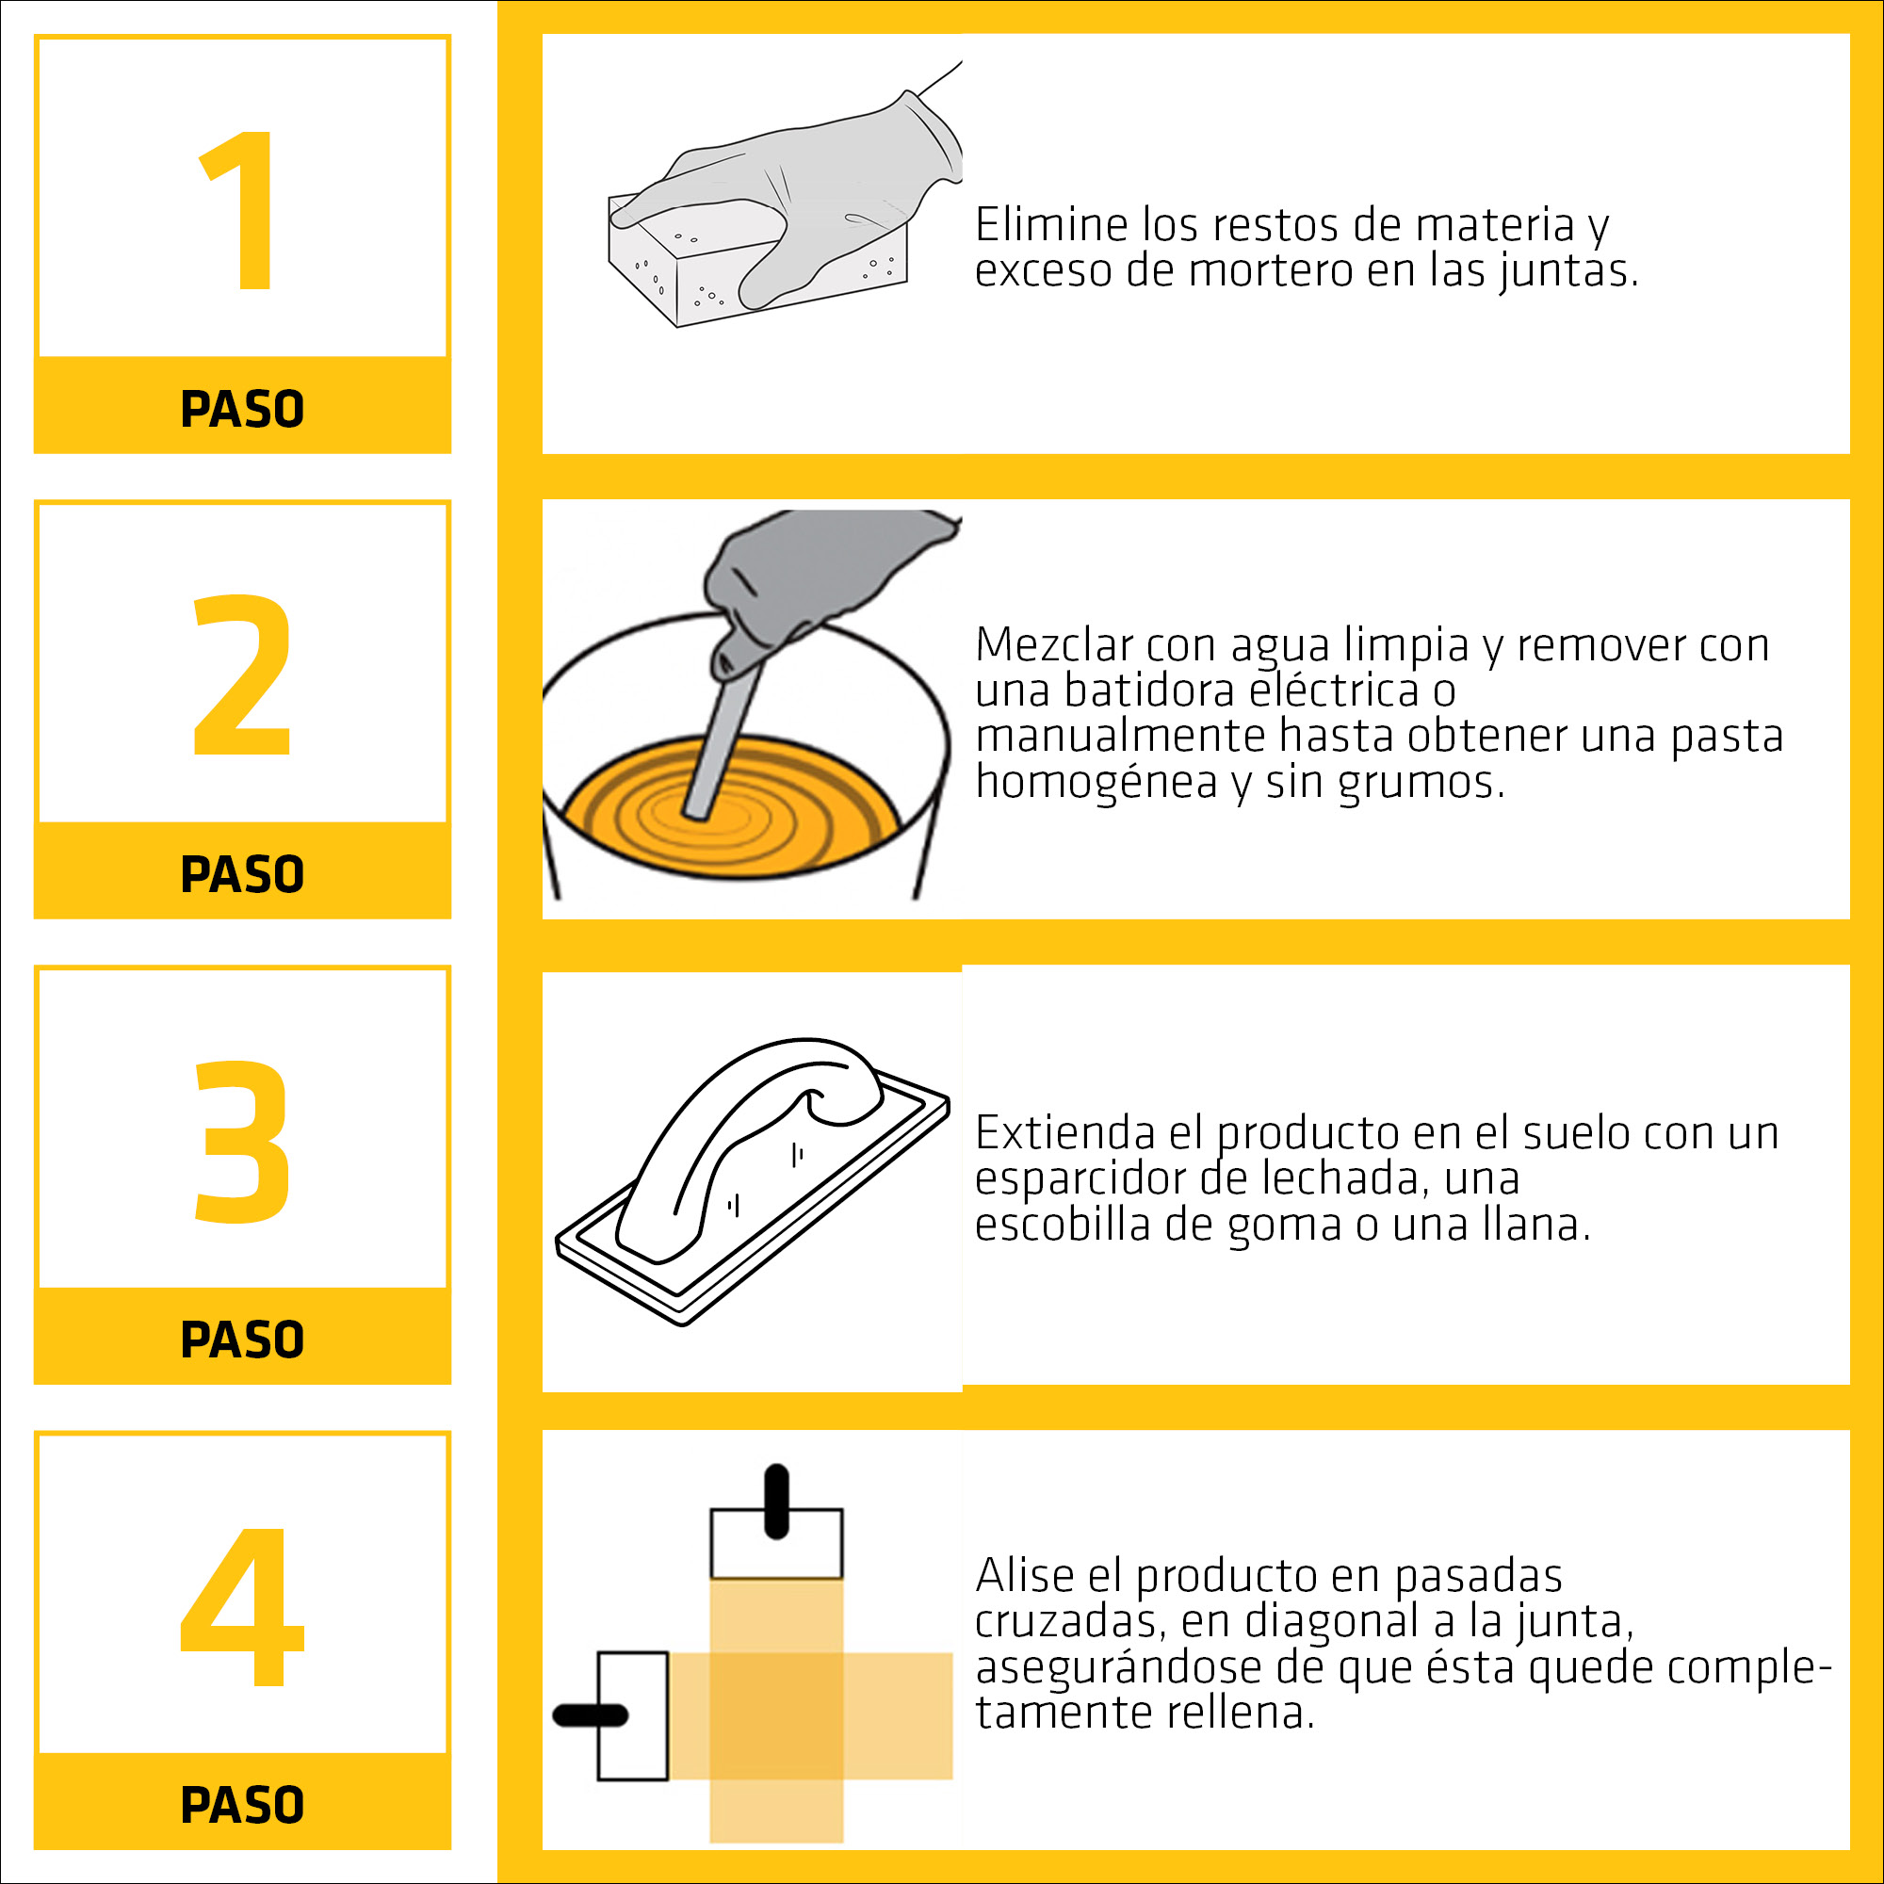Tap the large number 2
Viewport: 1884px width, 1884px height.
tap(243, 674)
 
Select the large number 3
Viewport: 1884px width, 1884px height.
tap(243, 1142)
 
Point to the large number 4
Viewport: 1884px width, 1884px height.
tap(243, 1606)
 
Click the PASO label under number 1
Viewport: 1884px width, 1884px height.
tap(243, 409)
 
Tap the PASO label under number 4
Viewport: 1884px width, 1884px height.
tap(243, 1805)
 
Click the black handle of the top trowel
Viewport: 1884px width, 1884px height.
tap(776, 1502)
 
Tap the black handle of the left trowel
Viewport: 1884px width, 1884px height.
tap(590, 1715)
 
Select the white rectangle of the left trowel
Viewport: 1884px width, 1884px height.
tap(633, 1715)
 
